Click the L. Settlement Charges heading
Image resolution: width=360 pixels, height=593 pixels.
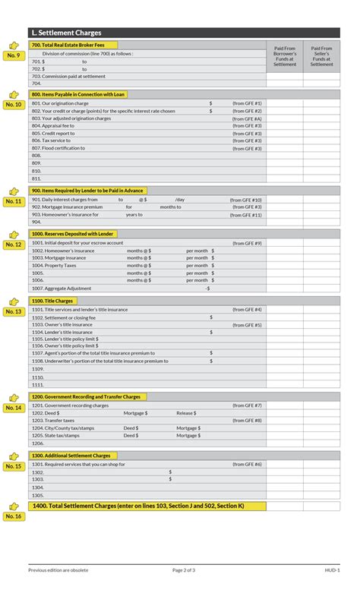pos(67,33)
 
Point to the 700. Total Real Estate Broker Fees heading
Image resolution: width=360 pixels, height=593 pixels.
pos(68,46)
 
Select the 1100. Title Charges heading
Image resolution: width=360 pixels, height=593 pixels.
pos(52,301)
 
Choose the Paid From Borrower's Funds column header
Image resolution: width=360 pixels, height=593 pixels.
pos(285,56)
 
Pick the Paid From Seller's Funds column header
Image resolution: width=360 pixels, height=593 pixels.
pos(321,56)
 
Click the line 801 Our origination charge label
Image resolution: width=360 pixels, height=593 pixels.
pos(60,103)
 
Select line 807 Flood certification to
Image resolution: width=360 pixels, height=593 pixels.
pos(58,148)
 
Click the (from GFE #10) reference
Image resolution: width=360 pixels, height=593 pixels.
pos(246,200)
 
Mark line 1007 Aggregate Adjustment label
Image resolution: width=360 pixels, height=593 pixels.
pos(62,289)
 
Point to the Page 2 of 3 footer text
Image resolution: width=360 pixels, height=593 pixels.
pos(184,569)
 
